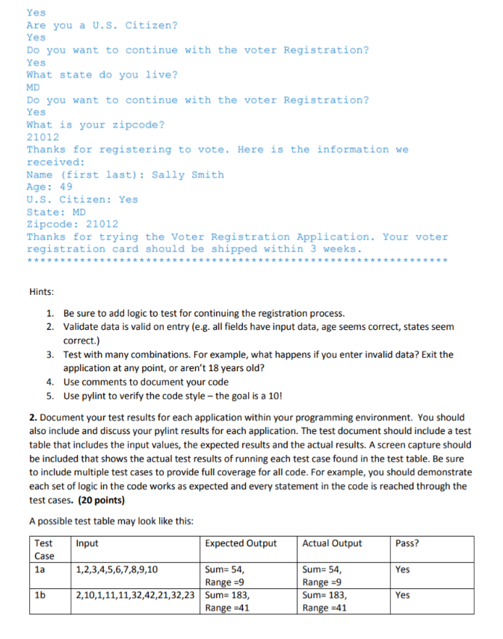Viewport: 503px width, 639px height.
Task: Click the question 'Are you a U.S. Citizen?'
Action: point(102,25)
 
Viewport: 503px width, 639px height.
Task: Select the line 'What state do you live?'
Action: point(102,75)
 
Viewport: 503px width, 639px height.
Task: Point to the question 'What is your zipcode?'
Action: point(96,125)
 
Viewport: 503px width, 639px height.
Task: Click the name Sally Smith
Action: point(188,175)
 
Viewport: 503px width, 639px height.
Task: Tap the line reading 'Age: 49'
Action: point(49,187)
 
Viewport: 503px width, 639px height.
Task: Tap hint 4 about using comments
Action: point(146,381)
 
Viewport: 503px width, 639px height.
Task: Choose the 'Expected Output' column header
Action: point(241,544)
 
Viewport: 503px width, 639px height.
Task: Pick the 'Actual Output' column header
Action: point(332,544)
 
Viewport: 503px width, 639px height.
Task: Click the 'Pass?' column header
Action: point(407,544)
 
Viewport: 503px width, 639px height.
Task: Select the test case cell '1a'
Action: point(40,569)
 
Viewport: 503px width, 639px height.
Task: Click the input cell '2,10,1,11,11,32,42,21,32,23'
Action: point(136,596)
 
